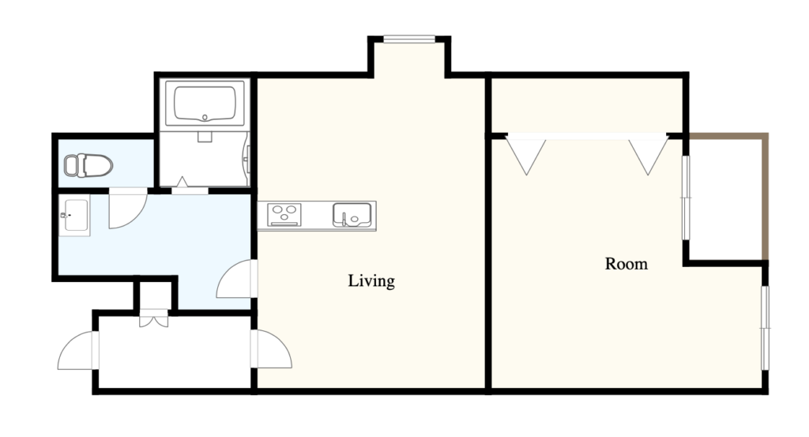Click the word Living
[371, 281]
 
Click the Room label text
[626, 264]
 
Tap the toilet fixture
[88, 165]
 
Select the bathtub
[205, 103]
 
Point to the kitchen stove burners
[284, 215]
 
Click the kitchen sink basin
[352, 215]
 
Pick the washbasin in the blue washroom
[75, 215]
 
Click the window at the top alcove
[409, 39]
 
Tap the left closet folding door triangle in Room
[525, 156]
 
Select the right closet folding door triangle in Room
[648, 156]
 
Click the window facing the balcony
[687, 198]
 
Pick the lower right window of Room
[765, 328]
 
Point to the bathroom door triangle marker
[182, 182]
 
